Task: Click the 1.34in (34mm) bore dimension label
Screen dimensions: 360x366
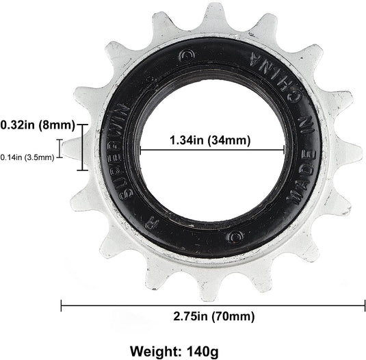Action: point(210,140)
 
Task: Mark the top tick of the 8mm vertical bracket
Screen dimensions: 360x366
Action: point(83,125)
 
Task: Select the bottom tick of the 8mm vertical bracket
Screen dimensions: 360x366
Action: point(83,169)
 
